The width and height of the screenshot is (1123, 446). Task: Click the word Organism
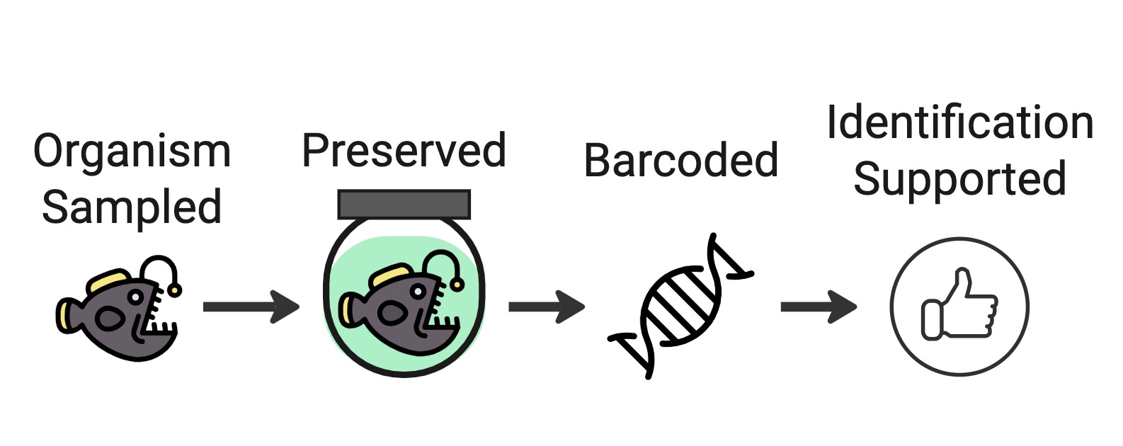tap(132, 152)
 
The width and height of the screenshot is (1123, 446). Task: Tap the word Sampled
tap(132, 207)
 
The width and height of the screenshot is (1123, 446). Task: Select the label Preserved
tap(404, 151)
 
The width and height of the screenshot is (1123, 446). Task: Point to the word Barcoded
tap(680, 161)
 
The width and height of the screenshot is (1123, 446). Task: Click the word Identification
tap(959, 123)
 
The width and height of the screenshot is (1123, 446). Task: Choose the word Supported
tap(959, 179)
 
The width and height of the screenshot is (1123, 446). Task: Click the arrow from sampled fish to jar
tap(251, 307)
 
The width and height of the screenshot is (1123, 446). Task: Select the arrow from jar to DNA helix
tap(546, 307)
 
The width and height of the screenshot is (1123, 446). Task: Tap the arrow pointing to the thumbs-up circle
tap(818, 307)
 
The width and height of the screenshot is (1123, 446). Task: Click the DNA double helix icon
tap(680, 306)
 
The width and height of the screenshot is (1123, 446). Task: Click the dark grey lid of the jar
tap(404, 204)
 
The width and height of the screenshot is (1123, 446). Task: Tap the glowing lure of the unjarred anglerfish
tap(174, 290)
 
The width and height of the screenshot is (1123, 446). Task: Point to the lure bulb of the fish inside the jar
tap(457, 285)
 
